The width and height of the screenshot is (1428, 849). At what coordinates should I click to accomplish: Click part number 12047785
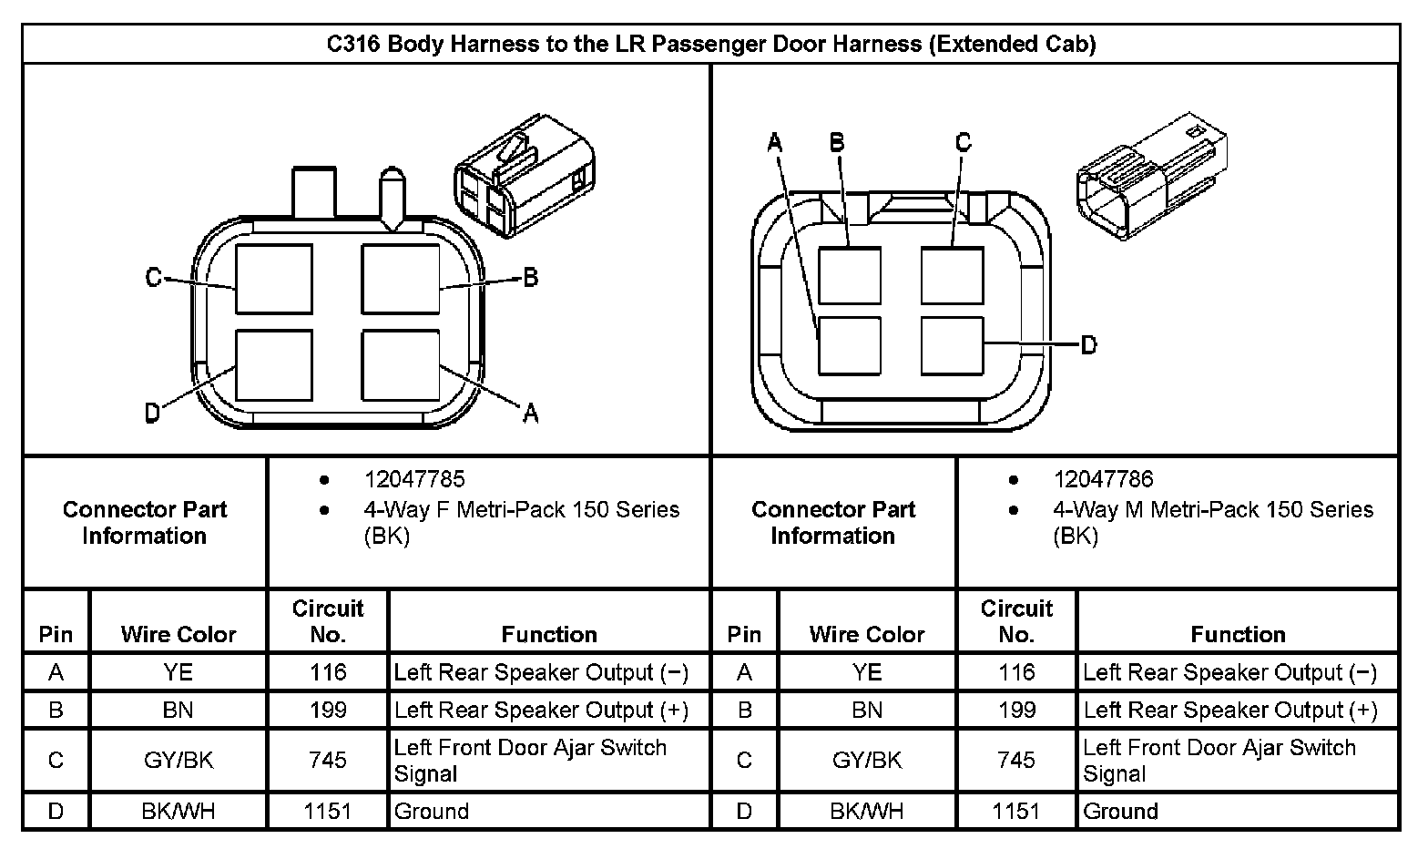[413, 479]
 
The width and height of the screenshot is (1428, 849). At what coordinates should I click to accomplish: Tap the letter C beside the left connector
[154, 277]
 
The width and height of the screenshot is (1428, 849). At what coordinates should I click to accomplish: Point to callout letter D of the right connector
[1088, 345]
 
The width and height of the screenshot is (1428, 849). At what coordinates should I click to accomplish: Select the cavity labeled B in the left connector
[401, 280]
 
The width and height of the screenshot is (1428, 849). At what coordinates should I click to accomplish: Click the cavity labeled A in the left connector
[401, 365]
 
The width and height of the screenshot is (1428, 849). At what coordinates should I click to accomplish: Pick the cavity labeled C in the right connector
[952, 275]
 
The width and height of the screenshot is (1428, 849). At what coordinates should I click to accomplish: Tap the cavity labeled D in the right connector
[952, 345]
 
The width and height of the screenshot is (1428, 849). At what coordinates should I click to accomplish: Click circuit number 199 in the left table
[327, 710]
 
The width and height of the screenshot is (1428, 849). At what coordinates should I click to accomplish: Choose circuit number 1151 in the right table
[1015, 811]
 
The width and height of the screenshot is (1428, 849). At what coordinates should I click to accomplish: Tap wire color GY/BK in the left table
[178, 760]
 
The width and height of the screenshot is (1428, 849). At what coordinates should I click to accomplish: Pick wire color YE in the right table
[867, 672]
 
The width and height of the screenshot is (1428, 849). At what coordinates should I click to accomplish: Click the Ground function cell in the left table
[432, 811]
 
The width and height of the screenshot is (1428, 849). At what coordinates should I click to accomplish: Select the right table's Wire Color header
[867, 634]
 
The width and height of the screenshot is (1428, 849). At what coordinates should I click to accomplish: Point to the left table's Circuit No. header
[327, 620]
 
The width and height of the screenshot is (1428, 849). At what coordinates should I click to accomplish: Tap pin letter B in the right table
[744, 710]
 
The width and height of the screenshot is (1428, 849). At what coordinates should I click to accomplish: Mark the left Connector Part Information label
[144, 522]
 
